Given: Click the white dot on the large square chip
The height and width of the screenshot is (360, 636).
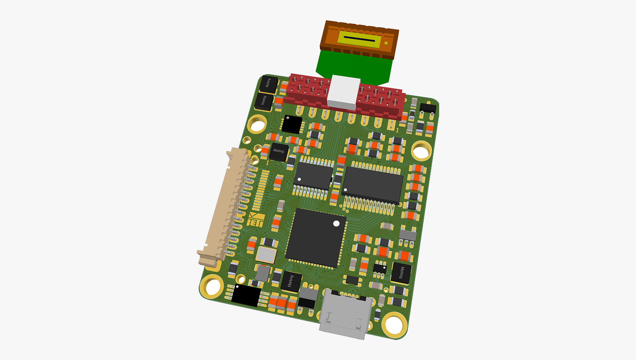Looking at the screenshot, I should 336,224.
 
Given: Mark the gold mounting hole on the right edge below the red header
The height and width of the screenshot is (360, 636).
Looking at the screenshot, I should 420,151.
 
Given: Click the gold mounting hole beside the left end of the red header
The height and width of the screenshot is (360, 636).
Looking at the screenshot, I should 257,124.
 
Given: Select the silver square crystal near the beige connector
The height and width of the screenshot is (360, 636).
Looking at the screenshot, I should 266,254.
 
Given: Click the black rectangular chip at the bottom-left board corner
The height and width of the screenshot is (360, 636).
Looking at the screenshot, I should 246,296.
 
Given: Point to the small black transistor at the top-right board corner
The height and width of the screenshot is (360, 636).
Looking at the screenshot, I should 427,108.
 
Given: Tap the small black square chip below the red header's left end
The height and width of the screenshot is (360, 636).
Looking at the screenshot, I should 292,124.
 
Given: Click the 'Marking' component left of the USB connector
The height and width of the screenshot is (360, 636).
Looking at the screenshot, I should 291,281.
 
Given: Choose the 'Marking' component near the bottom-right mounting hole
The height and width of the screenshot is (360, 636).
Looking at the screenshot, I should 401,273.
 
